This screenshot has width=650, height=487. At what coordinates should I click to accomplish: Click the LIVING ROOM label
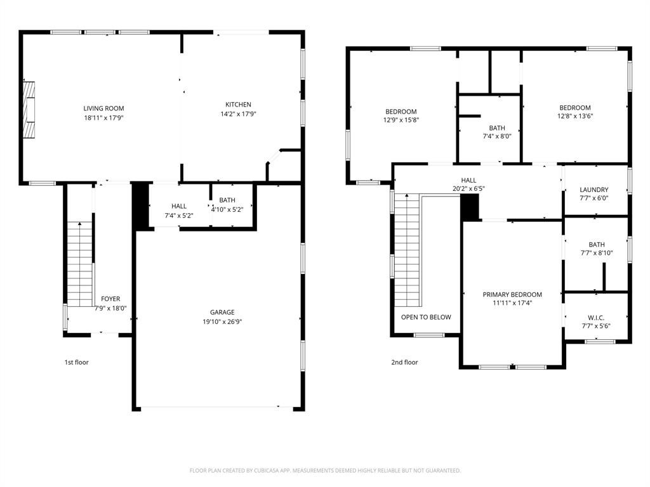coord(103,108)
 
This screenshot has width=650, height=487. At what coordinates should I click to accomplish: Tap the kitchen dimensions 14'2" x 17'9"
coord(238,114)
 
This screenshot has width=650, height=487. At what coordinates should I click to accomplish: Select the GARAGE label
coord(222,312)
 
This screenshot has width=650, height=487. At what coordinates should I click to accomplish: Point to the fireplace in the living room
coord(29,109)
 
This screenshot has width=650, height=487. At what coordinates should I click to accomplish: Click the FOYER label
coord(110,299)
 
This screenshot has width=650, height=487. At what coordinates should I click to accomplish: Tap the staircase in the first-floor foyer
coord(80,263)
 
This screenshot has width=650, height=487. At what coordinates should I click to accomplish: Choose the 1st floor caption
coord(76,363)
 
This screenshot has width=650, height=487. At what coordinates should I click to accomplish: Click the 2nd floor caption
coord(404,363)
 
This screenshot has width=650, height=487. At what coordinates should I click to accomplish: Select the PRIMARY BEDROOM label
coord(512,295)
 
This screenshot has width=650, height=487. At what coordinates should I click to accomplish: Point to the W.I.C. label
coord(596,318)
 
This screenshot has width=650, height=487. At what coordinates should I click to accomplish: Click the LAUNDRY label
coord(594,190)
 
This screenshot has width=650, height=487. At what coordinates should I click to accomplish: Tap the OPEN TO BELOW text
coord(426,317)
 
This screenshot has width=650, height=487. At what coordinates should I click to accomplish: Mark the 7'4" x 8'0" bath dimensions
coord(497,136)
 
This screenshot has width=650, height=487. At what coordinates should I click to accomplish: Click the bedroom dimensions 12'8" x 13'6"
coord(574,116)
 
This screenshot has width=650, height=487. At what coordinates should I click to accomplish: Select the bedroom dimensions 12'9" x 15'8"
coord(401,120)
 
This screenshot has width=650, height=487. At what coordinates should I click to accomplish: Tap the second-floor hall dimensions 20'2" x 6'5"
coord(468,188)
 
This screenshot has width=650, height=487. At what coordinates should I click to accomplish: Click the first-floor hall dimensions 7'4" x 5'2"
coord(178,216)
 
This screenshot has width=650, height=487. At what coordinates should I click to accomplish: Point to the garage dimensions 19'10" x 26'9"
coord(222,321)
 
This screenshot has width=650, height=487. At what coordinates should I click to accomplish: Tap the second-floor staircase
coord(406,250)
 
